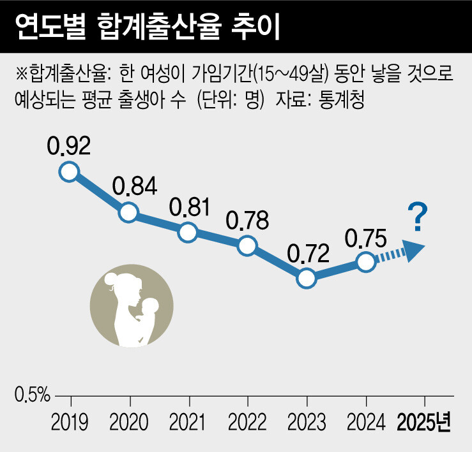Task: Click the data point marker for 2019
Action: pos(69,171)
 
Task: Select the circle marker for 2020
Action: pos(128,212)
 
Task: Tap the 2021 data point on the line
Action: pos(188,232)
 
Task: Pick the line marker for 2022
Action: pos(247,245)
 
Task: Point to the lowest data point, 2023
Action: pos(307,278)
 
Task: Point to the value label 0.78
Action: pos(248,220)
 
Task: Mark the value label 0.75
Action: pos(365,237)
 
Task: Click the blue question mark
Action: pos(418,217)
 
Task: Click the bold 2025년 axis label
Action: pos(424,423)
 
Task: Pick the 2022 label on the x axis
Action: pos(248,423)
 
